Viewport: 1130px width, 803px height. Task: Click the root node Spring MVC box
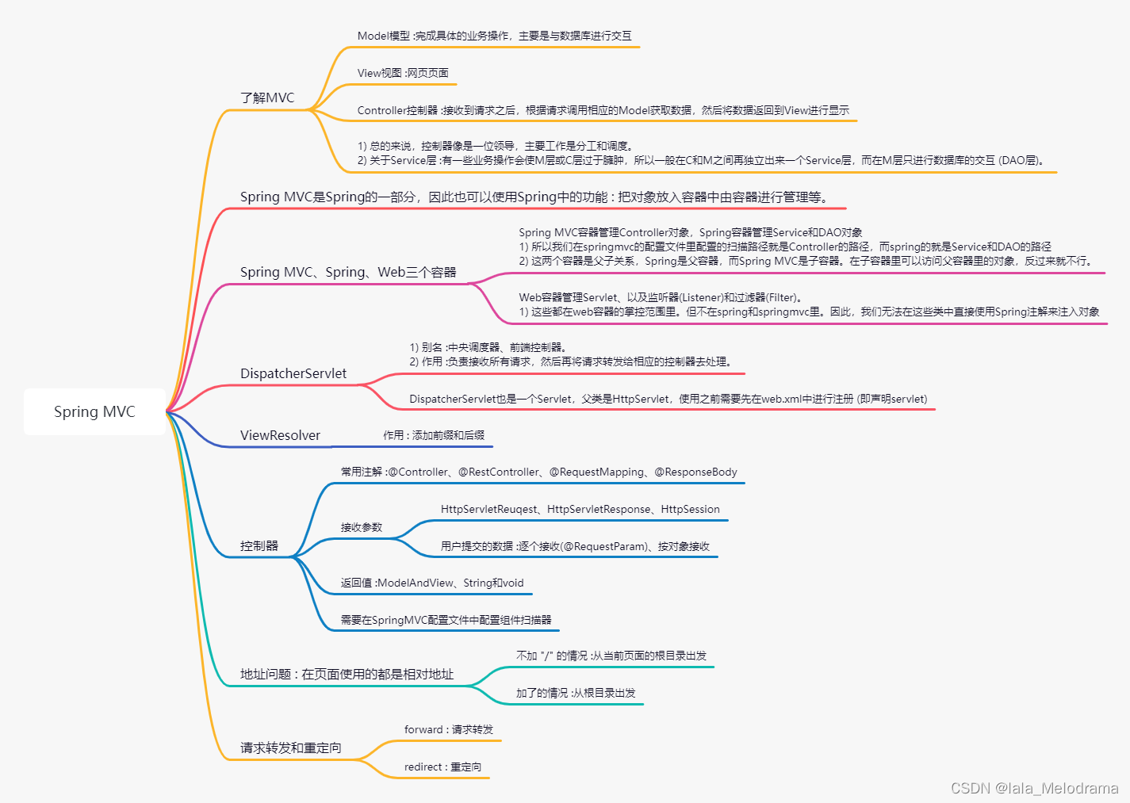(94, 411)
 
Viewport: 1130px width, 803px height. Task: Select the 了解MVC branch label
(267, 98)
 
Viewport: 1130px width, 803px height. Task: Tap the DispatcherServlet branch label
(293, 373)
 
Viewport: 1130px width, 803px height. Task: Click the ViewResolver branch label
(280, 435)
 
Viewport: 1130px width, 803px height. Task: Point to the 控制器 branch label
(259, 545)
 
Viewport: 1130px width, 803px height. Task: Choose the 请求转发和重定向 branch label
(291, 748)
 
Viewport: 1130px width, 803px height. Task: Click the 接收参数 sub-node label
(362, 527)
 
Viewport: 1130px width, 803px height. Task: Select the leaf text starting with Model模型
(494, 36)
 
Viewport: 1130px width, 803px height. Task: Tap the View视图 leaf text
(403, 73)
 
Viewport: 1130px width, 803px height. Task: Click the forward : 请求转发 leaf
(449, 729)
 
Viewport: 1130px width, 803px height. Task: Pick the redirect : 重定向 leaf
(442, 767)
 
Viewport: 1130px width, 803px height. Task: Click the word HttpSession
(690, 509)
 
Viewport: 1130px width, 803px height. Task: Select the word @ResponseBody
(695, 472)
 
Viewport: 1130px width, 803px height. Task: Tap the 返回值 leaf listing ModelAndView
(432, 583)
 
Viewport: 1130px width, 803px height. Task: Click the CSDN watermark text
(1034, 788)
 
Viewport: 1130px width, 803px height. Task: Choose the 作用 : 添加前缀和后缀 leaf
(434, 435)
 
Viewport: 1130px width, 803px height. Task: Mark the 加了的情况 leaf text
(576, 693)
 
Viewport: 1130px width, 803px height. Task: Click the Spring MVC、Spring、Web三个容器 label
(348, 272)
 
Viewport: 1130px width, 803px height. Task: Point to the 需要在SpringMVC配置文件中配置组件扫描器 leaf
(446, 620)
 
